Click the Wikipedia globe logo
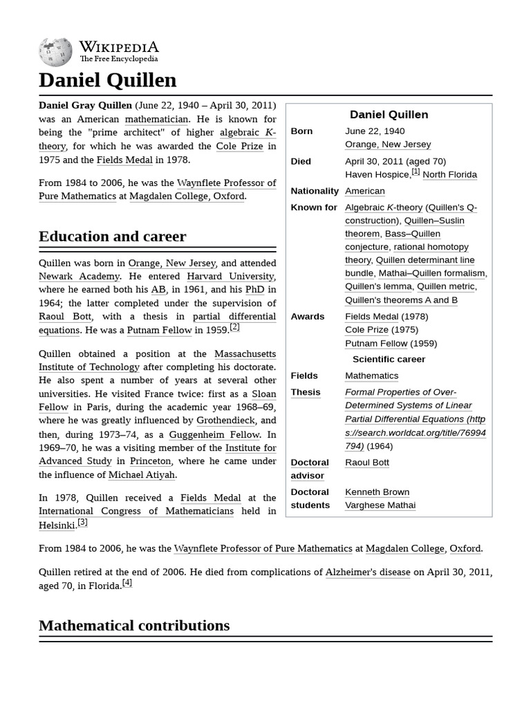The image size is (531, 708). tap(55, 51)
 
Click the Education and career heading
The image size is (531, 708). tap(112, 236)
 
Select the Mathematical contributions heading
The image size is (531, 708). tap(134, 626)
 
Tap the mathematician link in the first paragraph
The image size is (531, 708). tap(156, 119)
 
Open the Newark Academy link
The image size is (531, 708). tap(79, 277)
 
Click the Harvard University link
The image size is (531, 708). tap(230, 277)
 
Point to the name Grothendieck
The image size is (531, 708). tap(226, 420)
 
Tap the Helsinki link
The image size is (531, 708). tap(57, 525)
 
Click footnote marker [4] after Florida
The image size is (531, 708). tap(127, 583)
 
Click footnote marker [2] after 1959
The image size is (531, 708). tap(235, 327)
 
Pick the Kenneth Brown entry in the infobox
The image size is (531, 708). tap(377, 492)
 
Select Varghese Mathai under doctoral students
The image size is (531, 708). tap(380, 505)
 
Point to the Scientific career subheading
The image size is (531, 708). tap(389, 359)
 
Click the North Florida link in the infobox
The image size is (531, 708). tap(449, 174)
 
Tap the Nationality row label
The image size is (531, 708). tap(315, 191)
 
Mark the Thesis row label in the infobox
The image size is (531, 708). tap(306, 392)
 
